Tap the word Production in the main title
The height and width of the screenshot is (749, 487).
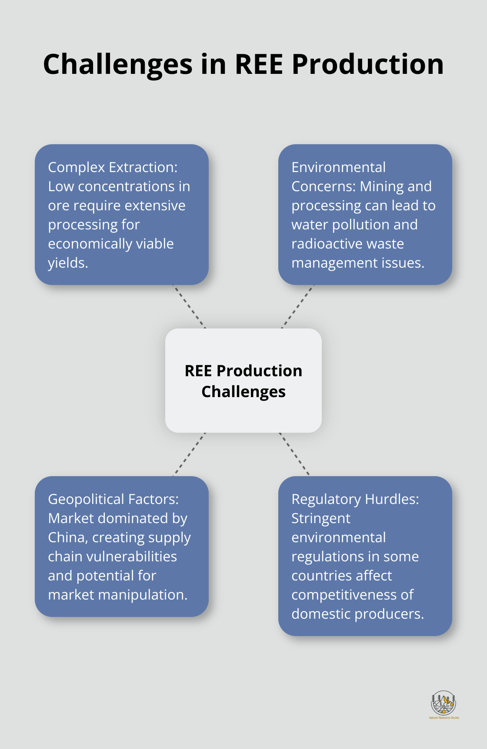[367, 64]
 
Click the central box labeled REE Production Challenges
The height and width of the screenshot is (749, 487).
[243, 381]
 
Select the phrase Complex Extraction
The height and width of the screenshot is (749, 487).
[112, 167]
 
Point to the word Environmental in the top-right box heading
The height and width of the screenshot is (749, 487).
[338, 167]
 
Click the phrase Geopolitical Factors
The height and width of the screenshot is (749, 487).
[113, 499]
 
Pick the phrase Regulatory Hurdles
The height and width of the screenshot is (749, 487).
[355, 499]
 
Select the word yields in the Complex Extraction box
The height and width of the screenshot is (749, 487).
[67, 263]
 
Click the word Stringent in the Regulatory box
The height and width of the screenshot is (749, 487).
[320, 518]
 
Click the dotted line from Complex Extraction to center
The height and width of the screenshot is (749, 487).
[189, 307]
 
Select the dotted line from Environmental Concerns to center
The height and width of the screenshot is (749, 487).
[298, 307]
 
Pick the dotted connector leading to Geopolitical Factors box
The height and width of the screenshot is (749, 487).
[189, 454]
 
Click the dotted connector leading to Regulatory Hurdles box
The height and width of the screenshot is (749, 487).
[294, 454]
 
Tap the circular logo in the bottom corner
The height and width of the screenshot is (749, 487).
[443, 703]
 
